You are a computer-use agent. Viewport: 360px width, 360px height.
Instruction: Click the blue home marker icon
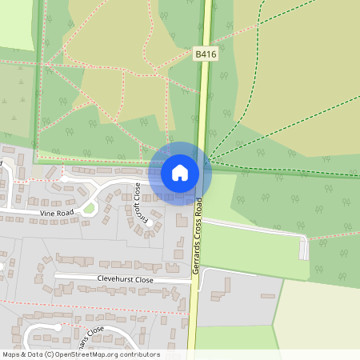180,173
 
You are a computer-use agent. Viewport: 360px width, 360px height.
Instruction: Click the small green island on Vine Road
90,209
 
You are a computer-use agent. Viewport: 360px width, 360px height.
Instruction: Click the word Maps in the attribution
12,354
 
